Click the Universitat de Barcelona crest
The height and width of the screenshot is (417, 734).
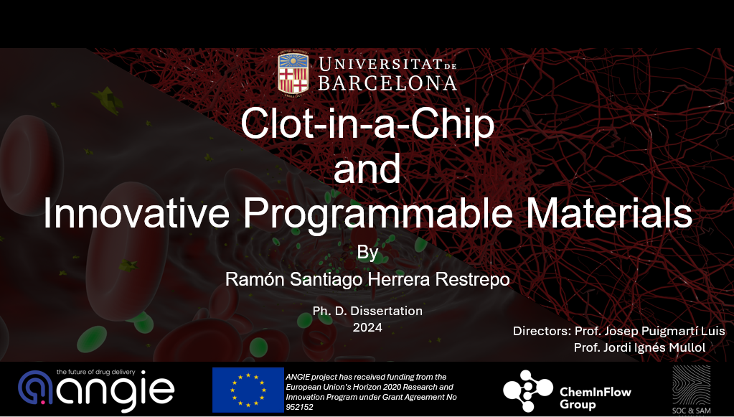pyautogui.click(x=293, y=73)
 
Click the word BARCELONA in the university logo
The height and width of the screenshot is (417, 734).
pyautogui.click(x=387, y=83)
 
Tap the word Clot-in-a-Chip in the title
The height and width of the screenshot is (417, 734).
pyautogui.click(x=367, y=123)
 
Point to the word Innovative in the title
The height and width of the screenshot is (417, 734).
pyautogui.click(x=136, y=213)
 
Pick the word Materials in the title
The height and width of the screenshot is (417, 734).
pyautogui.click(x=608, y=213)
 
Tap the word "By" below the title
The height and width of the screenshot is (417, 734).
pyautogui.click(x=367, y=253)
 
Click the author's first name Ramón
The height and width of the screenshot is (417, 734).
pyautogui.click(x=255, y=279)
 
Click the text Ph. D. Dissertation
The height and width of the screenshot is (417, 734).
pyautogui.click(x=367, y=311)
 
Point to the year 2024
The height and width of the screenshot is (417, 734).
pyautogui.click(x=367, y=327)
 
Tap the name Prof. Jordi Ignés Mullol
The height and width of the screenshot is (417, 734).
pyautogui.click(x=639, y=347)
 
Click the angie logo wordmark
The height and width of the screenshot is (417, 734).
pyautogui.click(x=96, y=391)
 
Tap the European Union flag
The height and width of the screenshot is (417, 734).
pyautogui.click(x=248, y=390)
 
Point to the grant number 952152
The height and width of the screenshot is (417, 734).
pyautogui.click(x=300, y=407)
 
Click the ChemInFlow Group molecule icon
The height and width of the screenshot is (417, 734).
pyautogui.click(x=528, y=390)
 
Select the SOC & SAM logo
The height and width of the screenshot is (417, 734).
pyautogui.click(x=692, y=390)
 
